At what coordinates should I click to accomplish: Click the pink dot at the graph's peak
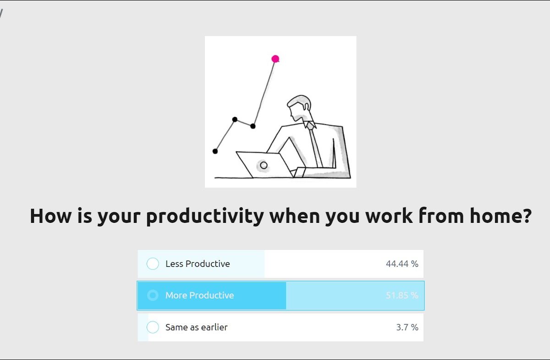pos(275,59)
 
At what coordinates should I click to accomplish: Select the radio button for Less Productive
pos(153,264)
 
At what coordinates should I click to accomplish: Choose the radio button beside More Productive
pos(153,295)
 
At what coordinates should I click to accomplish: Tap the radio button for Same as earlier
pos(153,327)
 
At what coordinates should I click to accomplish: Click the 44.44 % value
pos(402,264)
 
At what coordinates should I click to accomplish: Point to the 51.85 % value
pos(402,295)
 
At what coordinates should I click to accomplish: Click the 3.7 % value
pos(407,327)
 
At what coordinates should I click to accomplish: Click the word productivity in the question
pos(205,216)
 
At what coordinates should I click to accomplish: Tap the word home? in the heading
pos(500,215)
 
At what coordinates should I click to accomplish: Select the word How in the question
pos(50,216)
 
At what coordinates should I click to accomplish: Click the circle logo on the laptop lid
pos(264,165)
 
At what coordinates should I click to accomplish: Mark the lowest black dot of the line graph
pos(215,151)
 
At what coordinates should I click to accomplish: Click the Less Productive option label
pos(198,264)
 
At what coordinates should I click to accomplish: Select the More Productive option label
pos(200,295)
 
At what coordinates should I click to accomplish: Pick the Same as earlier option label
pos(197,327)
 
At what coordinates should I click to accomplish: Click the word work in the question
pos(389,216)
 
